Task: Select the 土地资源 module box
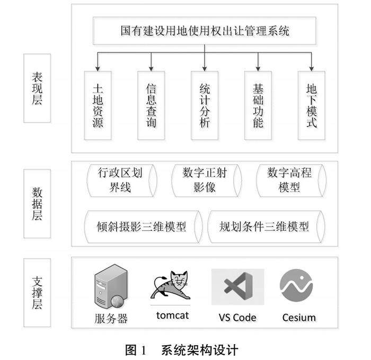[98, 105]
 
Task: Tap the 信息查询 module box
[151, 105]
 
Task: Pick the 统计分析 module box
[205, 105]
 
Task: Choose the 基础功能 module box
[258, 105]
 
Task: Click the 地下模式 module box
[312, 105]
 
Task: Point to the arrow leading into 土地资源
[98, 61]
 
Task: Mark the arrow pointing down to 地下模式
[312, 61]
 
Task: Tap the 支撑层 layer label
[37, 292]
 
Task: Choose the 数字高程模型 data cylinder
[289, 180]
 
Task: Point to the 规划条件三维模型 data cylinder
[264, 227]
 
